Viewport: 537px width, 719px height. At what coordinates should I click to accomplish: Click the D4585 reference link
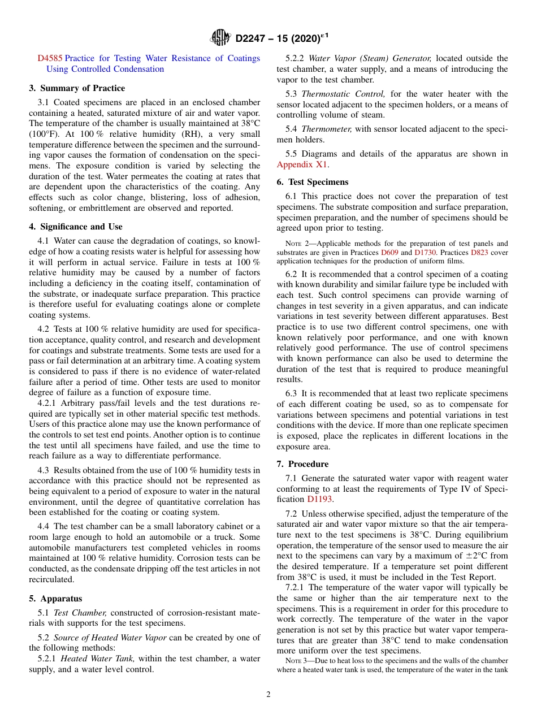coord(50,58)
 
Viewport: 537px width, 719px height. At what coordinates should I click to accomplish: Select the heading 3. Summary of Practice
coord(77,88)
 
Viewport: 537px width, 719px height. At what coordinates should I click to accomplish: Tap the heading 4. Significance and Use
coord(76,227)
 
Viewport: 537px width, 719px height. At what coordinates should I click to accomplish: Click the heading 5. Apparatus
coord(55,599)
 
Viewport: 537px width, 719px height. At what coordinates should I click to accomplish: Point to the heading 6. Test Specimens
coord(313,182)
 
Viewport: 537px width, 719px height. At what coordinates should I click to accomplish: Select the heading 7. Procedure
coord(302,464)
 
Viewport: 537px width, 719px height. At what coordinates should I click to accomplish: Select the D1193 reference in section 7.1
coord(319,499)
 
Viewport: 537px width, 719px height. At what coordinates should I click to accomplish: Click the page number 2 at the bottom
coord(268,695)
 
